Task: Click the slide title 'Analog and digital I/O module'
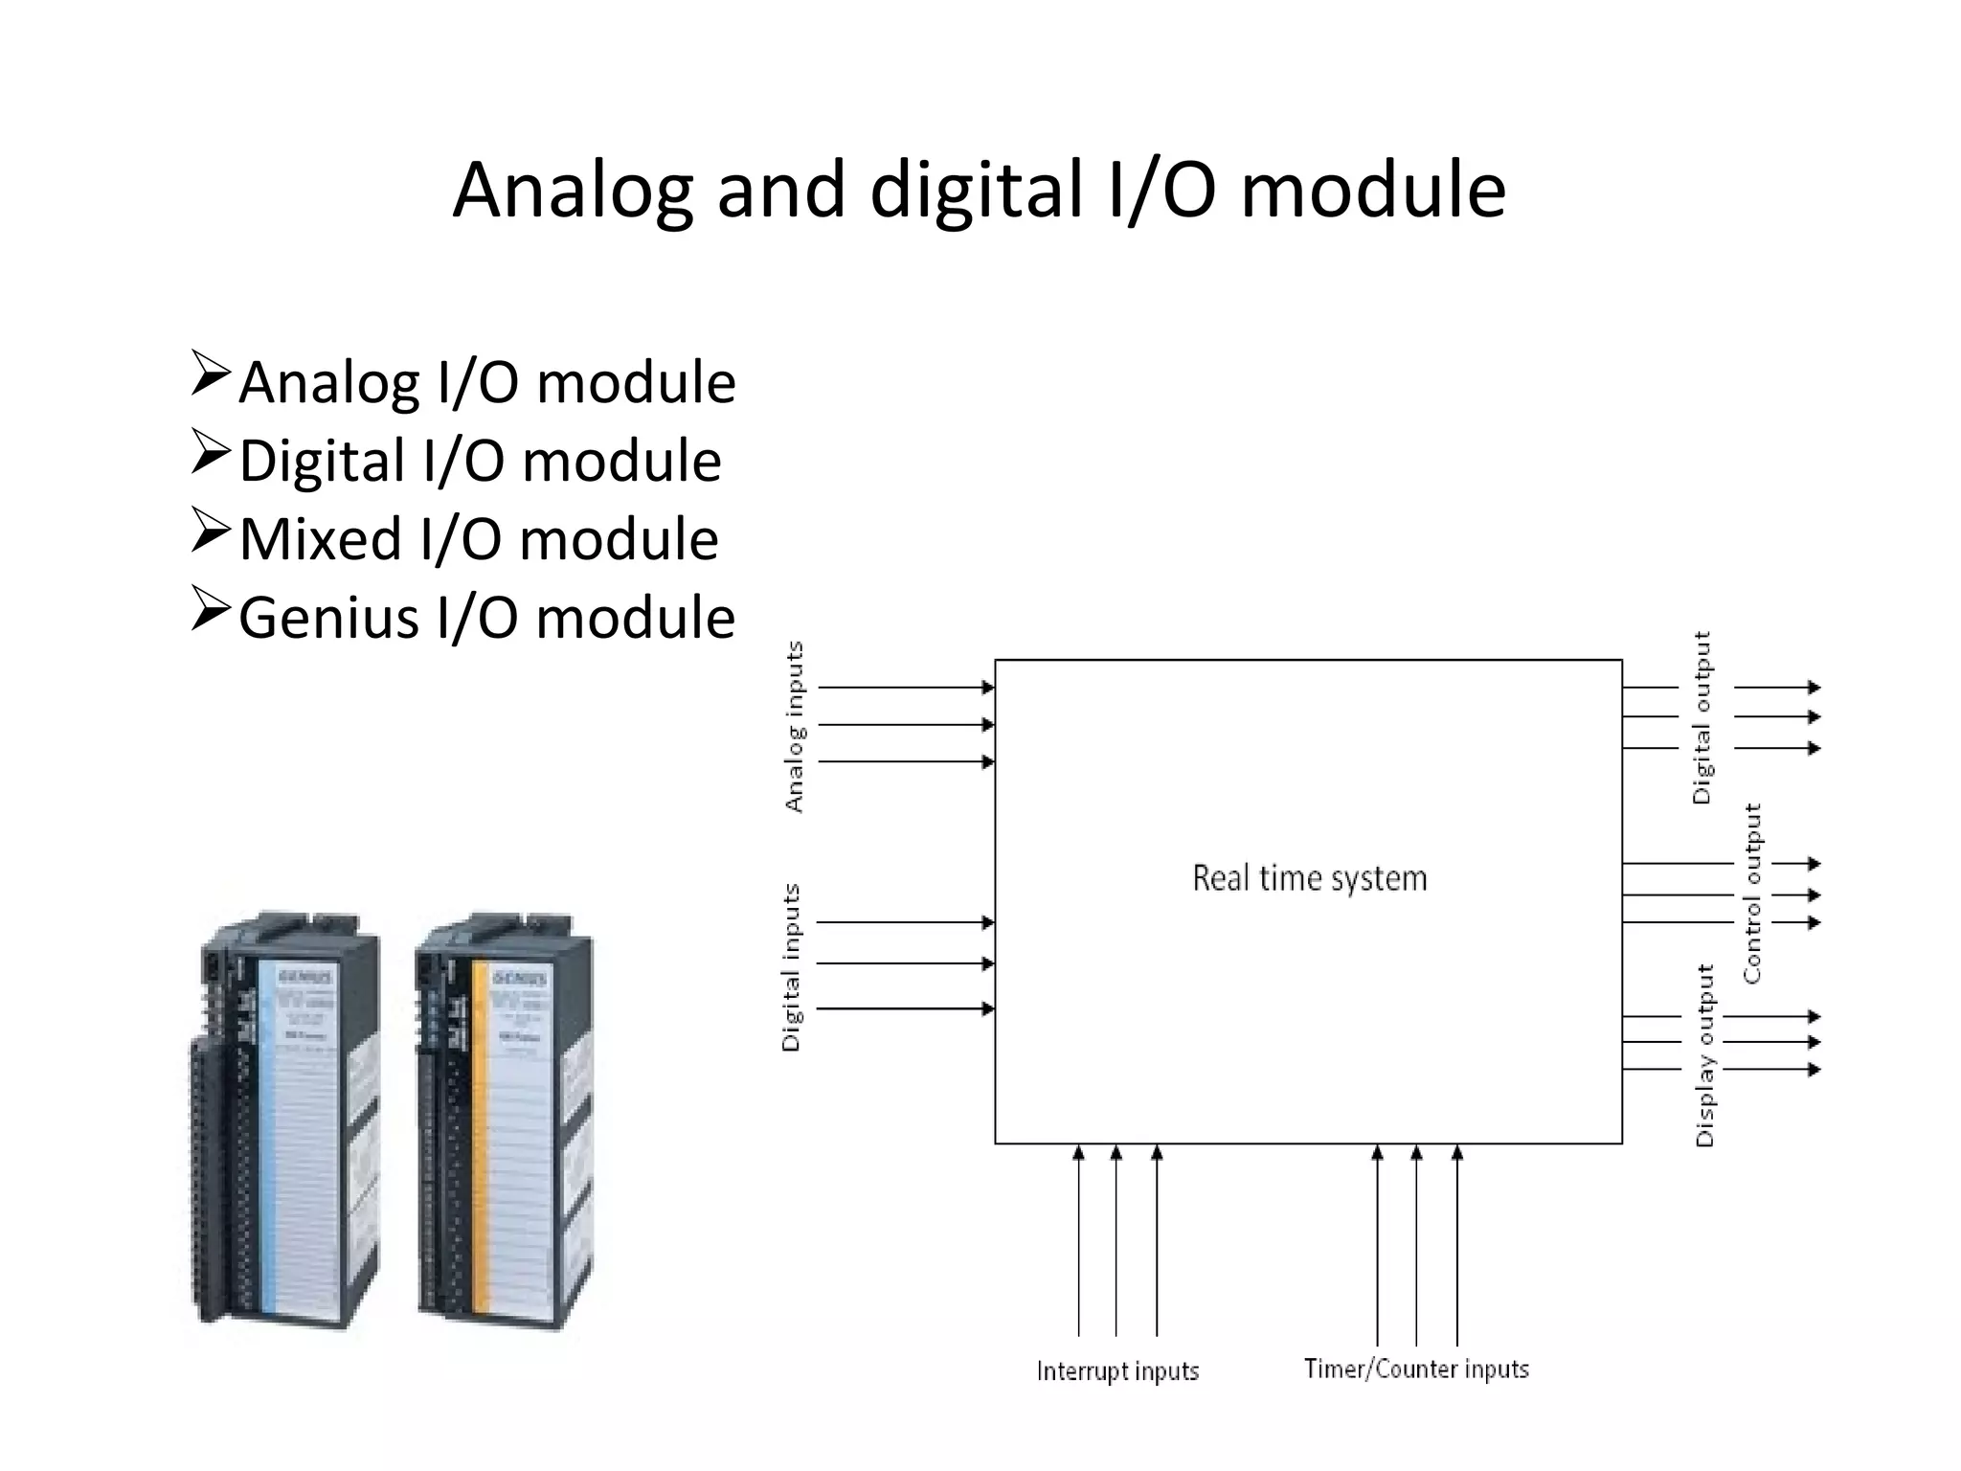pyautogui.click(x=979, y=192)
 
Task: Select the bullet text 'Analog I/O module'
pyautogui.click(x=486, y=383)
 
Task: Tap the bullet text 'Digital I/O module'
pyautogui.click(x=479, y=462)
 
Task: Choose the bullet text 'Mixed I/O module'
pyautogui.click(x=478, y=539)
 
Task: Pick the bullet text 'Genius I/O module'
pyautogui.click(x=486, y=618)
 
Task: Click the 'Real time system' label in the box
pyautogui.click(x=1309, y=878)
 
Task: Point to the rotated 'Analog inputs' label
pyautogui.click(x=795, y=727)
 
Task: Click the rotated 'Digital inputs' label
pyautogui.click(x=791, y=967)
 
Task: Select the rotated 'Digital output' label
pyautogui.click(x=1702, y=717)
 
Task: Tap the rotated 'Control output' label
pyautogui.click(x=1752, y=893)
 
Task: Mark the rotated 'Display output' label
pyautogui.click(x=1705, y=1054)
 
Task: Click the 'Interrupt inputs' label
pyautogui.click(x=1117, y=1371)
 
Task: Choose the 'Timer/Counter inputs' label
pyautogui.click(x=1416, y=1369)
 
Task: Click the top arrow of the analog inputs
pyautogui.click(x=906, y=688)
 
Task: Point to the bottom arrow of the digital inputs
pyautogui.click(x=906, y=1008)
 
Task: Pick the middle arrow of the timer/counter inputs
pyautogui.click(x=1417, y=1245)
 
